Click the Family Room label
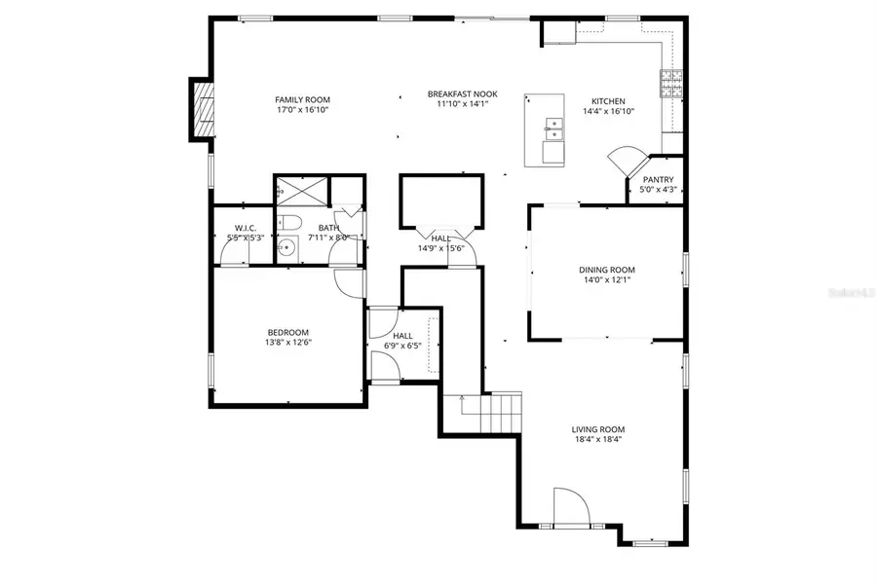(302, 99)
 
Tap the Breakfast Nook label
(462, 93)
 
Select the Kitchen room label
(608, 101)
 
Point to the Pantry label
(658, 180)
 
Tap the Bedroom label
(287, 331)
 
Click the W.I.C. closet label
(244, 228)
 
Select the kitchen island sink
(553, 125)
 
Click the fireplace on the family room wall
(204, 111)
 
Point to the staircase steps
(504, 412)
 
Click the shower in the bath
(301, 193)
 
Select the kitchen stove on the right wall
(671, 85)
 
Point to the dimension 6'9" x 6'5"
(402, 345)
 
